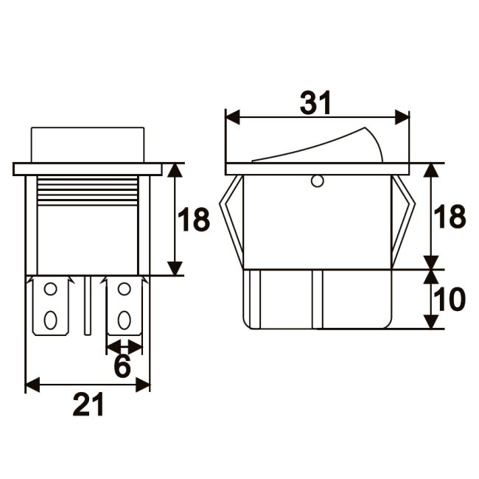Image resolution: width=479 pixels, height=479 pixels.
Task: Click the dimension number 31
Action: [315, 102]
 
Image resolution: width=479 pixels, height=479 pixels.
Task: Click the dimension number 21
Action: [88, 405]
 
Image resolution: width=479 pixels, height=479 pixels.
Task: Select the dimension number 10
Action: [449, 300]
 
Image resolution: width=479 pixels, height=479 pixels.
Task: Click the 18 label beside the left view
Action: [194, 219]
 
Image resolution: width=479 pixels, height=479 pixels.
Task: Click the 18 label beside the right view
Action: [450, 216]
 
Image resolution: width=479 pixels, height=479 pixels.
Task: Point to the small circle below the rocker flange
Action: [317, 181]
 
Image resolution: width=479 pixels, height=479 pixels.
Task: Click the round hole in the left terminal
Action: [50, 289]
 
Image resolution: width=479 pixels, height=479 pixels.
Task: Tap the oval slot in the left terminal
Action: [50, 320]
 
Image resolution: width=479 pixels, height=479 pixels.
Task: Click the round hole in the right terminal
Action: [124, 289]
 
